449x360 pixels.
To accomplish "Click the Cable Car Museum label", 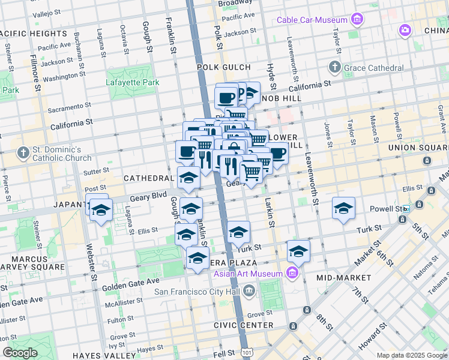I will [312, 20].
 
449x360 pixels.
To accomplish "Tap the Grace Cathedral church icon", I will [335, 67].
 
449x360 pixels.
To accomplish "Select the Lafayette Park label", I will [133, 82].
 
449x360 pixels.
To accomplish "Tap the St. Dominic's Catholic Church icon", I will [23, 153].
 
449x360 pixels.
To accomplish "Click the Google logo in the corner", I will [20, 353].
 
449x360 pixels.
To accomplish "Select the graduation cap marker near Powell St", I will [343, 208].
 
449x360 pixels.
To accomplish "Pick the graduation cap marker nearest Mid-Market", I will [298, 251].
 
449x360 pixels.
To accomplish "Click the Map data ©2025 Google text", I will [411, 355].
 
